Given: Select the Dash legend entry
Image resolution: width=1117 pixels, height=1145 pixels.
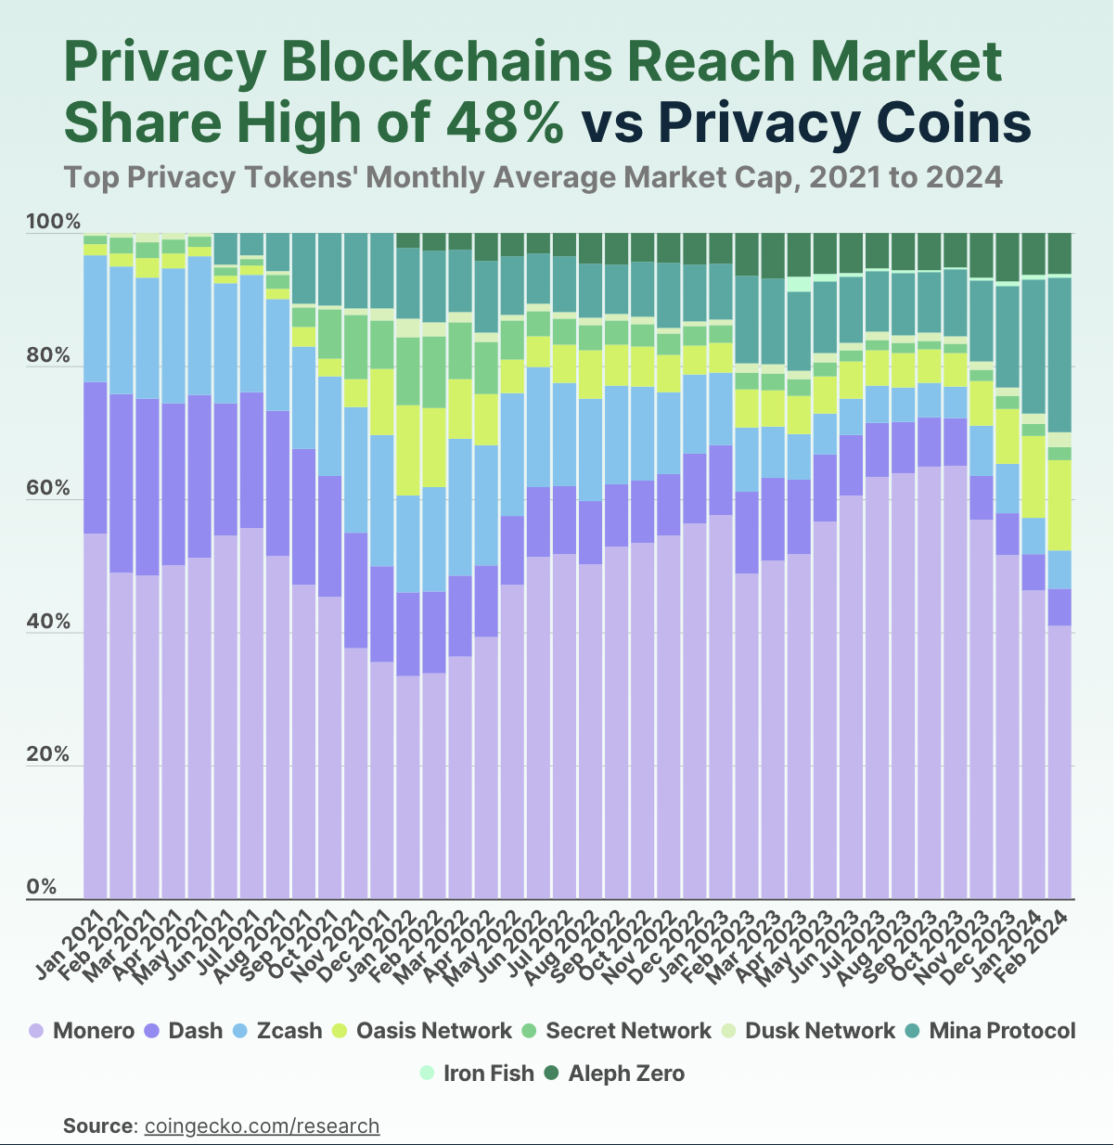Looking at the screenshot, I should (185, 1031).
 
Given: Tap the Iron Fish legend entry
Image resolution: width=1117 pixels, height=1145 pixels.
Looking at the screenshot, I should (477, 1074).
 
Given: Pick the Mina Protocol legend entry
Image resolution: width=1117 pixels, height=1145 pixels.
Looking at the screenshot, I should (990, 1031).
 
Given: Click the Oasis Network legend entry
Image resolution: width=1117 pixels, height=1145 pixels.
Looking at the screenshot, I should (422, 1031).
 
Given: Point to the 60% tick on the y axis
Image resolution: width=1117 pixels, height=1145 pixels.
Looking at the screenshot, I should (48, 489).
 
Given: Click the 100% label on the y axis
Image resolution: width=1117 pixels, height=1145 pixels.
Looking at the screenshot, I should (54, 223).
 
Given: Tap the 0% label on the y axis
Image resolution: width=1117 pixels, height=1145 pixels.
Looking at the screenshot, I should (42, 888).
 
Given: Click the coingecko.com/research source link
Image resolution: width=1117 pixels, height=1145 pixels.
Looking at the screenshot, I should (262, 1126).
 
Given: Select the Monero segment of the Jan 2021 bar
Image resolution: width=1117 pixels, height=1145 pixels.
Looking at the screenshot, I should (96, 714).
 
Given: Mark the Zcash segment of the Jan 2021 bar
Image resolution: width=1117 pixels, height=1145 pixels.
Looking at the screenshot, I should (96, 318).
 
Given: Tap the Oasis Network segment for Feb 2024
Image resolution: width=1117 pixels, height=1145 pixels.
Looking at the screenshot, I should (1059, 505).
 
